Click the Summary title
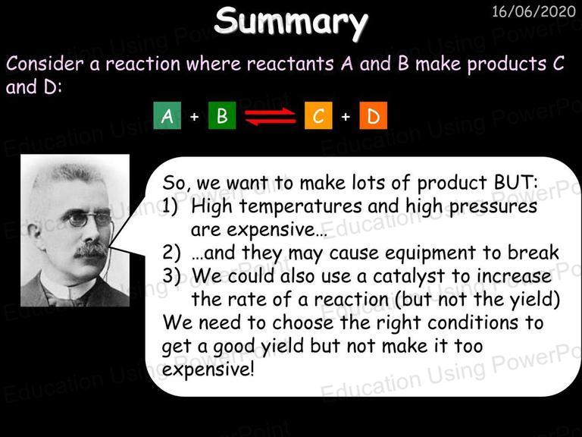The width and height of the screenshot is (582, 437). [291, 22]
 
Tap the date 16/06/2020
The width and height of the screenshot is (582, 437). [533, 12]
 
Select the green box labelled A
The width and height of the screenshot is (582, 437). [167, 115]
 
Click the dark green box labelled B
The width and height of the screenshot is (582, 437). [222, 115]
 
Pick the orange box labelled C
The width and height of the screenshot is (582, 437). [318, 115]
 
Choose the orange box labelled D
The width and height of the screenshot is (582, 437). [374, 115]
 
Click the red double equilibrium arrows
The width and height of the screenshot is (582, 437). [271, 116]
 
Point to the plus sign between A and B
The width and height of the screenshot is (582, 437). [195, 117]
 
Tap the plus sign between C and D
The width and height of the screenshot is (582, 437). [346, 117]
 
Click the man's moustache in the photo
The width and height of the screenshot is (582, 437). [91, 250]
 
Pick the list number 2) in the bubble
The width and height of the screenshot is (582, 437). [171, 253]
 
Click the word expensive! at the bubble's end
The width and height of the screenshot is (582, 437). [208, 369]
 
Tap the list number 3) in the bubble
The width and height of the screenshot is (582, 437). [171, 276]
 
